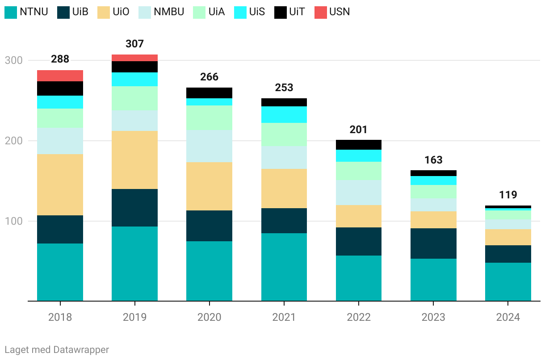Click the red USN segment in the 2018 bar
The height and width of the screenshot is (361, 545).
pos(60,76)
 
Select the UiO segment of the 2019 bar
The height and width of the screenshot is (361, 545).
pos(134,160)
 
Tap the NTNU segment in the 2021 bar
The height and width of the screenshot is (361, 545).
pos(284,267)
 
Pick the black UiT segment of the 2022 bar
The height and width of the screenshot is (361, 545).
pos(359,144)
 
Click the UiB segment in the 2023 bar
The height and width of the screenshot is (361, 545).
pos(433,243)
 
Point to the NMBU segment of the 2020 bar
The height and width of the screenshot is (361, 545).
pos(209,146)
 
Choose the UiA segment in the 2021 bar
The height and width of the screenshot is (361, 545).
pos(284,134)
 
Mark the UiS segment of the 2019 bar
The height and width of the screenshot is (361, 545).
pos(134,79)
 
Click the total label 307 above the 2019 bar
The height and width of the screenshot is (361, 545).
pos(134,44)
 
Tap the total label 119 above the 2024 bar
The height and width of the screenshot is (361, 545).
pos(508,195)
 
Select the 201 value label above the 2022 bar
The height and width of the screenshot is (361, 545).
pos(359,130)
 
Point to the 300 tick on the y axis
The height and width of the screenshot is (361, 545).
pos(13,60)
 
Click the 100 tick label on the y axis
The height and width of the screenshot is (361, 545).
pos(13,221)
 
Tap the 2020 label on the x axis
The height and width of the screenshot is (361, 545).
pos(209,317)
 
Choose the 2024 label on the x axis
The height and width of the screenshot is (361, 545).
pos(508,317)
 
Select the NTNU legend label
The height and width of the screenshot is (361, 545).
pos(34,12)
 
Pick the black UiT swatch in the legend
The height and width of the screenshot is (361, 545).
pos(280,13)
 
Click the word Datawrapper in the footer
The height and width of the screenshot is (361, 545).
pos(81,349)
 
